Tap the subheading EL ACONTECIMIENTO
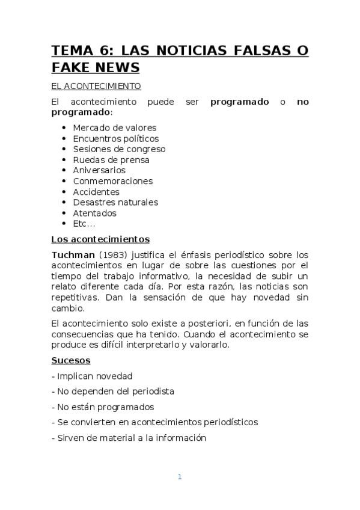[96, 86]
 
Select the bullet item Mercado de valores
[114, 127]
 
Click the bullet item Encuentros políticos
[116, 138]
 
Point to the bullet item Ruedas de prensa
[111, 160]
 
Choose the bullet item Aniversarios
[99, 170]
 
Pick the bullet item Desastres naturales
[115, 202]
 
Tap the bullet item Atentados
[94, 213]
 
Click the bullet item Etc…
[84, 224]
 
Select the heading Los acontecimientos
[100, 239]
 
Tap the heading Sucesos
[70, 360]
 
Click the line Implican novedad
[92, 376]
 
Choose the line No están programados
[103, 407]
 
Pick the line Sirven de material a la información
[129, 438]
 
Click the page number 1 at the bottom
[180, 477]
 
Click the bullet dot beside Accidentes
[64, 192]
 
